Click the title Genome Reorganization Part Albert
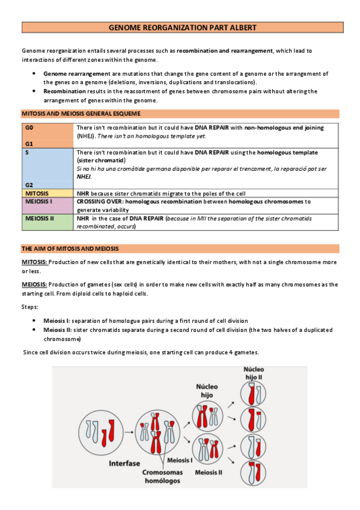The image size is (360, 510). [x=182, y=28]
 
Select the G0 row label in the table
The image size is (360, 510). [x=29, y=128]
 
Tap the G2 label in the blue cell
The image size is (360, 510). [x=29, y=185]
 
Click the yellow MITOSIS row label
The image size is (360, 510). [x=37, y=194]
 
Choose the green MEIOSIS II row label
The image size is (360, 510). [x=39, y=218]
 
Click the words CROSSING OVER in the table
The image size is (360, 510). [x=99, y=201]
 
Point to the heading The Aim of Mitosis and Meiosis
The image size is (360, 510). [x=70, y=249]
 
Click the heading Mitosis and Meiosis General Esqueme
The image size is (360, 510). [x=81, y=114]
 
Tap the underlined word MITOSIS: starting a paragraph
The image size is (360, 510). [x=34, y=262]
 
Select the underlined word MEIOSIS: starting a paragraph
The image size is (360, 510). [x=34, y=284]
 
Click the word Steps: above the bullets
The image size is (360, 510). [x=30, y=307]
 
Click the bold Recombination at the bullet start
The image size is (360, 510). [x=65, y=91]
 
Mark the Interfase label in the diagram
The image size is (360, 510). [x=124, y=464]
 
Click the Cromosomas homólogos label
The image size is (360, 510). [x=162, y=476]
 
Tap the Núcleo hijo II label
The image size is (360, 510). [x=254, y=373]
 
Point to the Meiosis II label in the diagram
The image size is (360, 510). [x=209, y=473]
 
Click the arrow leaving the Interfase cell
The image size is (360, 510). [x=129, y=432]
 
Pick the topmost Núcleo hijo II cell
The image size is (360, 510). [x=253, y=393]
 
